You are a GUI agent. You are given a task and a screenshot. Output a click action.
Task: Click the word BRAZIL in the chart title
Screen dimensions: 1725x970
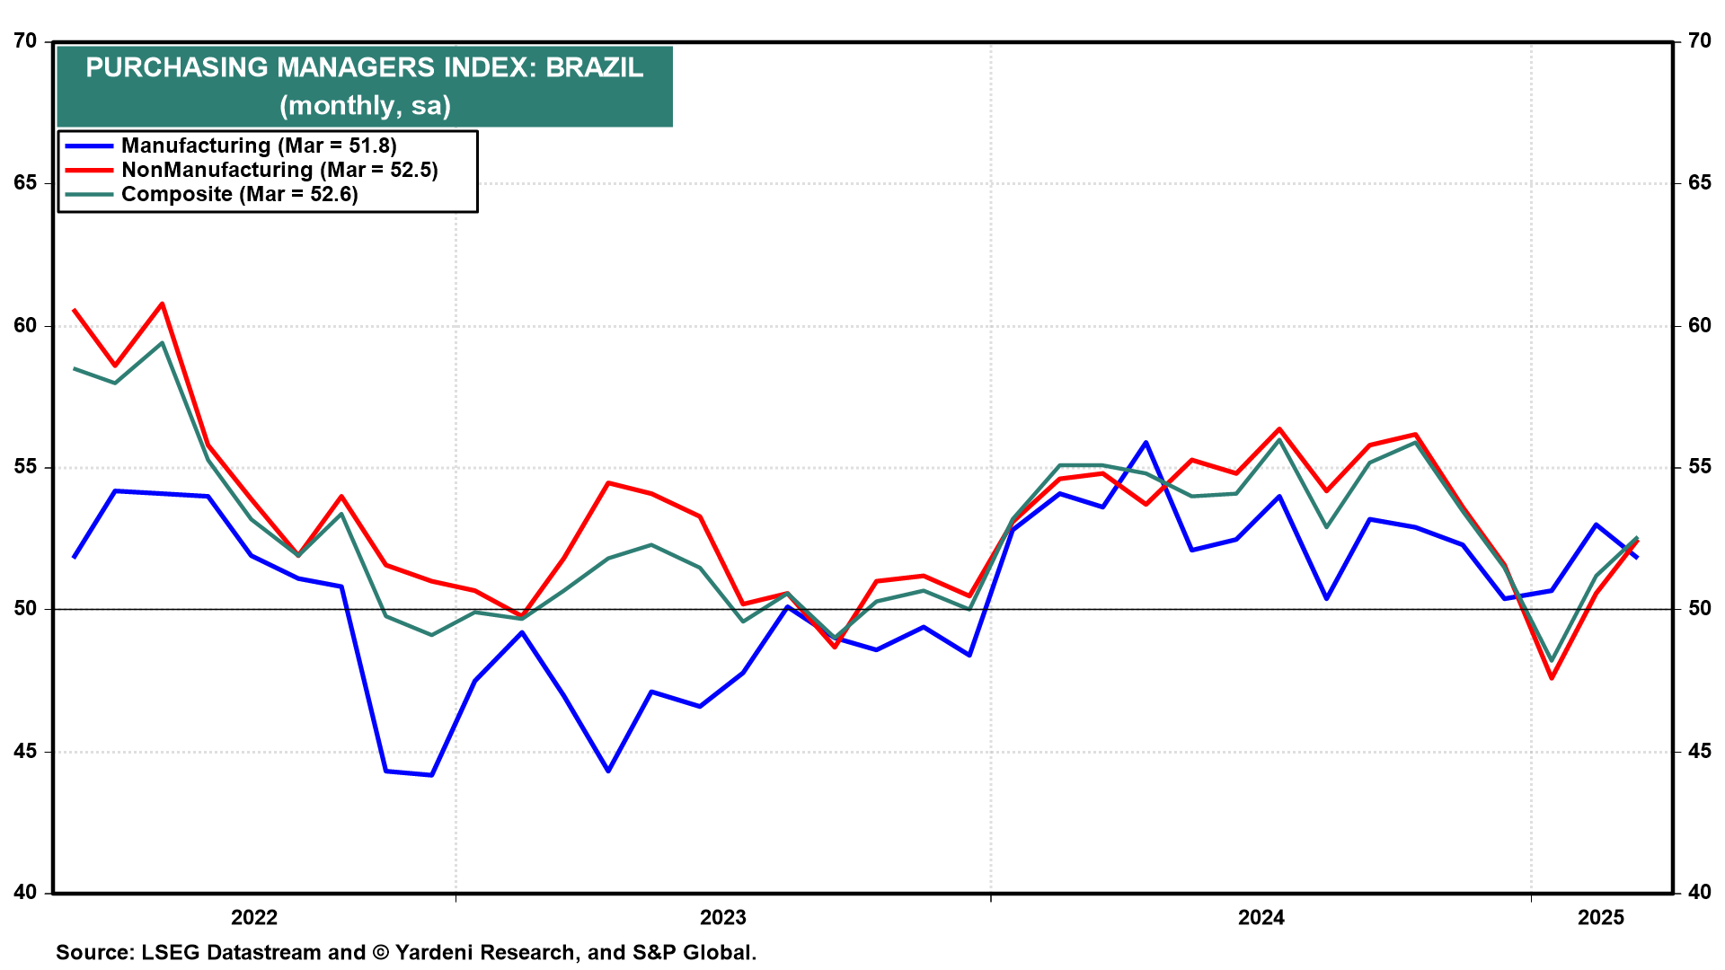(x=595, y=67)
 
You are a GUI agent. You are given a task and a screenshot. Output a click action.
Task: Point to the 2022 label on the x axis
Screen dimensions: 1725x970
(x=254, y=917)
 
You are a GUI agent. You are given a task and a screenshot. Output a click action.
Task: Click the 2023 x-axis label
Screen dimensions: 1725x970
(x=723, y=917)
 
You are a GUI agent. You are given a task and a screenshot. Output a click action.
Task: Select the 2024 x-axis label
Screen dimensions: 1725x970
(x=1261, y=917)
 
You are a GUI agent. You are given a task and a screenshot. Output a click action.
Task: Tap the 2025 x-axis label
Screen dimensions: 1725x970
(x=1601, y=917)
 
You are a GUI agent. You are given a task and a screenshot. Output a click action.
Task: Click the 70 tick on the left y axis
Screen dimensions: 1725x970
(x=26, y=41)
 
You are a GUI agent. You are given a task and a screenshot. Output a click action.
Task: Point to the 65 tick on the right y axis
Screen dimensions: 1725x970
(x=1699, y=183)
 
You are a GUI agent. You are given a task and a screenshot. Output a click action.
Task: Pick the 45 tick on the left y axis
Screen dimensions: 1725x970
(x=26, y=751)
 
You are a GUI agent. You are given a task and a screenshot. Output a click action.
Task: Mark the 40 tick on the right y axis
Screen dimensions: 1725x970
(x=1699, y=893)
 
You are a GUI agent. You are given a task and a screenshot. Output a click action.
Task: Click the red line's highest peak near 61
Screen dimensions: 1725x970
(x=162, y=304)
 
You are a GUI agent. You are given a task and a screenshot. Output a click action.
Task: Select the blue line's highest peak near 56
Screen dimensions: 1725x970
(x=1146, y=442)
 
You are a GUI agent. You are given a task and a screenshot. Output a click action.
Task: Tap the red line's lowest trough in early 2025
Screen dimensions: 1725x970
(x=1552, y=678)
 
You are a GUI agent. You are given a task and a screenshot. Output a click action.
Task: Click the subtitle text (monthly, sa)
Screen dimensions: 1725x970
(x=365, y=106)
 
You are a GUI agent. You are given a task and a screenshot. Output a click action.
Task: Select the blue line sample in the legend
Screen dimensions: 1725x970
(x=89, y=146)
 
